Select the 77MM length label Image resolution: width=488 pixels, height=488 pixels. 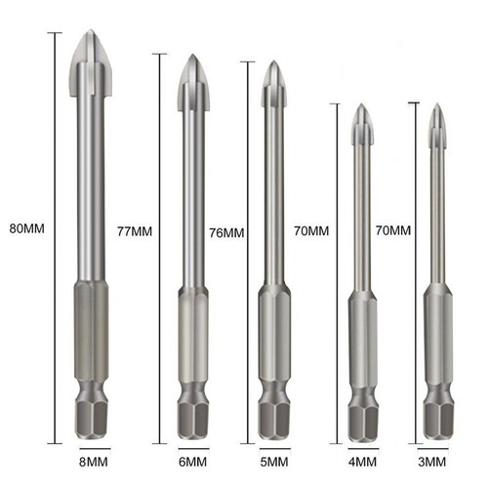point(134,231)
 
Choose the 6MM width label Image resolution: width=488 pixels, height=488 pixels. point(192,461)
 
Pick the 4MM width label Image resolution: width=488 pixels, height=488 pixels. point(358,461)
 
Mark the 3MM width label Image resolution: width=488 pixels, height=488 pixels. point(434,461)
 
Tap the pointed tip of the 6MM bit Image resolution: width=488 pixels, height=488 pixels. point(192,57)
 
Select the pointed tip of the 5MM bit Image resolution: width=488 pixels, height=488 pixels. point(273,64)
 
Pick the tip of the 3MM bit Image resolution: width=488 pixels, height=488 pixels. point(434,105)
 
